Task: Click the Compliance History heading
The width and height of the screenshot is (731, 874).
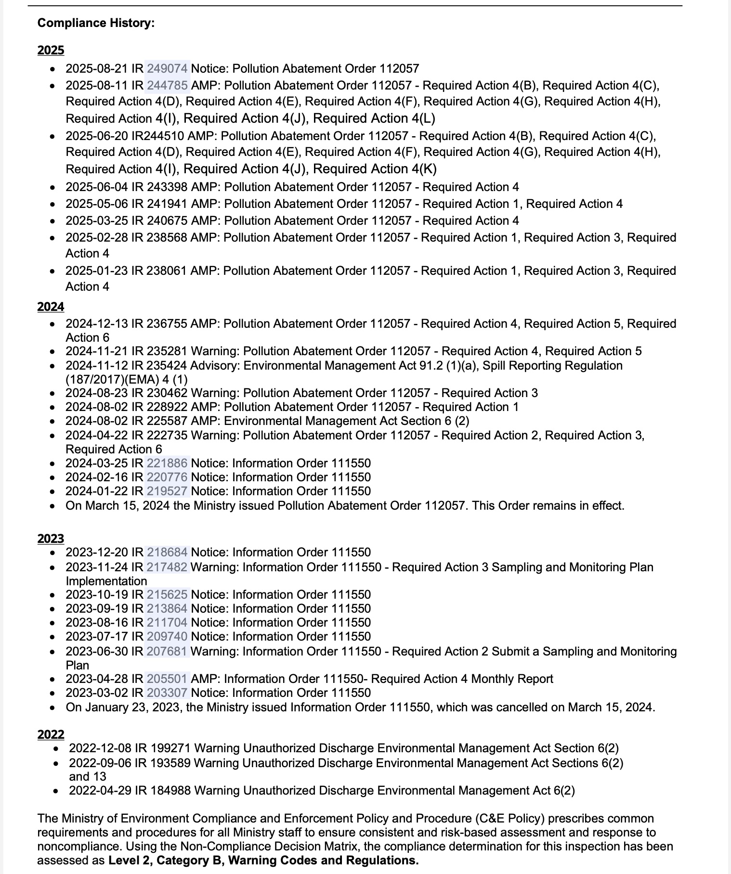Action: tap(96, 23)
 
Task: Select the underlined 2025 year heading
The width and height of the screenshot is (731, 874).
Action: tap(51, 51)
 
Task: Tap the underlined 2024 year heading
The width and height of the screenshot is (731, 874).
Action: tap(51, 307)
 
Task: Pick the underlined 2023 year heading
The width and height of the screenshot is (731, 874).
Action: tap(51, 539)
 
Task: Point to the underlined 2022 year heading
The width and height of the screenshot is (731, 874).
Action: tap(51, 734)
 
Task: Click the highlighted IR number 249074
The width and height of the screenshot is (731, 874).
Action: tap(167, 69)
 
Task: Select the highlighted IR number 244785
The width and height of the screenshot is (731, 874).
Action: tap(167, 86)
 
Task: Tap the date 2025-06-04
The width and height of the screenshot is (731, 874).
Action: tap(97, 187)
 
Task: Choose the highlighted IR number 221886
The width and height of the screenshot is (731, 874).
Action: tap(167, 463)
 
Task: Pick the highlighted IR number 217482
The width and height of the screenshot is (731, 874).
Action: tap(167, 567)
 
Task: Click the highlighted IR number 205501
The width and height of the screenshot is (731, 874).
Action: tap(167, 679)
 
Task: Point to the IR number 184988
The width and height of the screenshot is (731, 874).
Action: tap(170, 791)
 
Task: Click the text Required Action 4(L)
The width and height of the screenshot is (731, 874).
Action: tap(374, 118)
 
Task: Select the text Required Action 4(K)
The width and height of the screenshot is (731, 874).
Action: tap(374, 169)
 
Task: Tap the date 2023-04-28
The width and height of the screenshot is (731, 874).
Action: tap(97, 679)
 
